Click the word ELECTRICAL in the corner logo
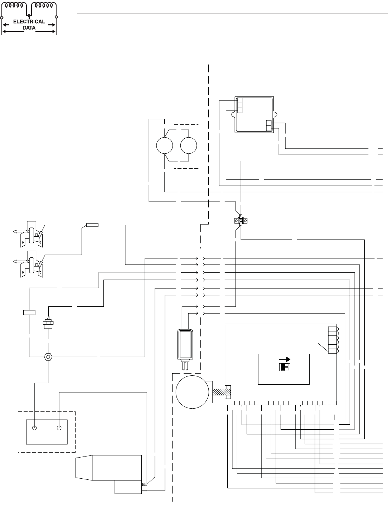click(29, 21)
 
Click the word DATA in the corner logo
click(29, 27)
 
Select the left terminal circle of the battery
click(35, 428)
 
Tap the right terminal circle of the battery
click(59, 428)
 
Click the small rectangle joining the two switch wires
click(92, 225)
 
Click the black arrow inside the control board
click(285, 359)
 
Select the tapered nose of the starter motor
click(84, 468)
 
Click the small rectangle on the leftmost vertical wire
click(29, 313)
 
